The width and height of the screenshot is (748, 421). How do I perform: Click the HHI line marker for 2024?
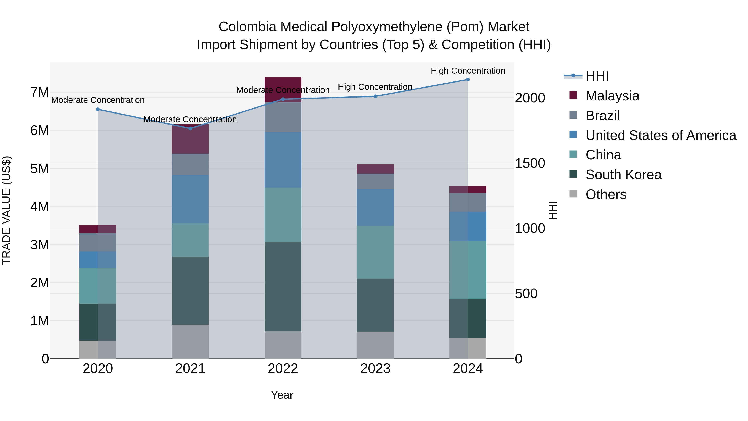(468, 80)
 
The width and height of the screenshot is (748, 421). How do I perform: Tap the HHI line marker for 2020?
(98, 110)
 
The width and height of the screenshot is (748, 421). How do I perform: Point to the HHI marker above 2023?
(375, 96)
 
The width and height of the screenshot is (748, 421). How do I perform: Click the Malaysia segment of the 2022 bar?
(283, 84)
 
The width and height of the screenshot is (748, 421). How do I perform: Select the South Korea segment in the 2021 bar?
(190, 291)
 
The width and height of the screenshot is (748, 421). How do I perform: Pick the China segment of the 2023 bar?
(375, 252)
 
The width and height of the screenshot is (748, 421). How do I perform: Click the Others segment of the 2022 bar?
(283, 345)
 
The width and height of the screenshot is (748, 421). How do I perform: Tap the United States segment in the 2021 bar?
(190, 199)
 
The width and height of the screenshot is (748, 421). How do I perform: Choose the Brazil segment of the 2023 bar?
(375, 181)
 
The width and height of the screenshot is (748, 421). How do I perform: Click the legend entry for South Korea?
(623, 175)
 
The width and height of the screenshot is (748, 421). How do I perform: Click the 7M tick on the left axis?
(39, 93)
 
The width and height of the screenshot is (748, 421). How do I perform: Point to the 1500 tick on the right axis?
(530, 163)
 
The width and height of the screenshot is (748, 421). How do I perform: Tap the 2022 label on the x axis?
(283, 369)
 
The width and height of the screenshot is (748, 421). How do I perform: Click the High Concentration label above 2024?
(468, 71)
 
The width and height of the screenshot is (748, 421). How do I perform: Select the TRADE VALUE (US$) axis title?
(7, 211)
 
